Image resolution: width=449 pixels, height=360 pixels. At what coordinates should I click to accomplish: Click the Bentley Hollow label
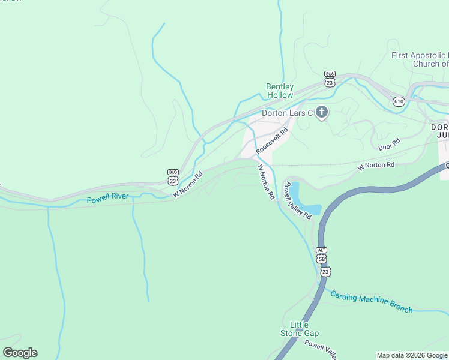coord(280,91)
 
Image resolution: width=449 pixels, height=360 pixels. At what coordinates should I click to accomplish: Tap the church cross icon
coord(322,112)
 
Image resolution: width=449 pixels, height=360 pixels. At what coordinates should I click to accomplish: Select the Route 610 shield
coord(399,101)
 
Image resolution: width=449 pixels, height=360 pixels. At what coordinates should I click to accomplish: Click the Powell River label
coord(108,197)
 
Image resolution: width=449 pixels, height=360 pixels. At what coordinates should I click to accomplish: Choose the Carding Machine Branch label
coord(371,302)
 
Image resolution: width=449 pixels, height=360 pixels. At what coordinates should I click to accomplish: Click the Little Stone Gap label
coord(300,329)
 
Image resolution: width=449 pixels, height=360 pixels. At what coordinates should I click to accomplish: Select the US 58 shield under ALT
coord(323,259)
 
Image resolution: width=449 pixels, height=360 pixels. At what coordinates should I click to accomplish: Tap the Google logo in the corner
coord(20,353)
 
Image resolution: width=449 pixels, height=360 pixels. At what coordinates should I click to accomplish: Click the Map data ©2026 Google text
coord(412,355)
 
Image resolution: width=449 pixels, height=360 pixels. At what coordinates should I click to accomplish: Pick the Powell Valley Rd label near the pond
coord(298,200)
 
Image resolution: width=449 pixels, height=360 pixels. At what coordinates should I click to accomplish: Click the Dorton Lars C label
coord(287,113)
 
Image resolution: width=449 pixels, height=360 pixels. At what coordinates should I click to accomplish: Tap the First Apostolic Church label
coord(420,59)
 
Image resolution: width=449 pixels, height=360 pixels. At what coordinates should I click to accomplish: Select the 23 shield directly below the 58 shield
coord(325,272)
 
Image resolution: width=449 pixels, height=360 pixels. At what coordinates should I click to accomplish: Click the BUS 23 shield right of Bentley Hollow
coord(329,80)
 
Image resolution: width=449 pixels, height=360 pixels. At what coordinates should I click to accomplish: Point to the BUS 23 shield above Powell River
coord(173,177)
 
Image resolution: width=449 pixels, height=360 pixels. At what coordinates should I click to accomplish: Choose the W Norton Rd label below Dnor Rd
coord(376,165)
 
